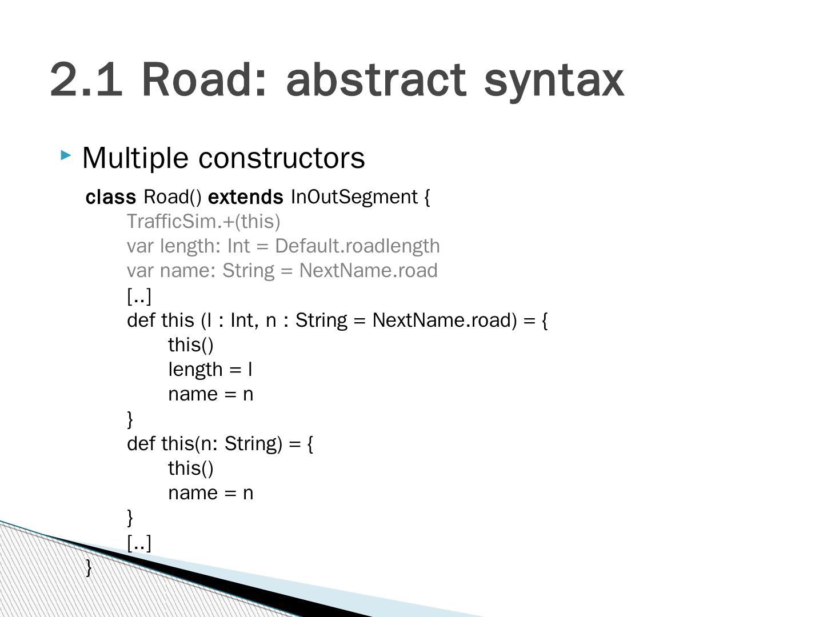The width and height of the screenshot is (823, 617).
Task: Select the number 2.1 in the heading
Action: tap(86, 79)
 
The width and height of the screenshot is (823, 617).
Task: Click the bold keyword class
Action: tap(111, 197)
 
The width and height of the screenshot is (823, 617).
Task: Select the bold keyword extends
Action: tap(245, 197)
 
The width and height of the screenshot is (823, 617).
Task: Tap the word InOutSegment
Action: tap(354, 197)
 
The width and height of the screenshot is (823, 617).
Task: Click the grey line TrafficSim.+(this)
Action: tap(203, 221)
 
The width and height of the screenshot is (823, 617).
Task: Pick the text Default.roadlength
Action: tap(357, 246)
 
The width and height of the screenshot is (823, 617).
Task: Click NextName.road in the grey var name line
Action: tap(368, 270)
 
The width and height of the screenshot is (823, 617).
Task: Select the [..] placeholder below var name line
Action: tap(139, 295)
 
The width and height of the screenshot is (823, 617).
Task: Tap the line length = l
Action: tap(210, 370)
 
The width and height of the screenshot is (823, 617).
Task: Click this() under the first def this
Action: tap(190, 345)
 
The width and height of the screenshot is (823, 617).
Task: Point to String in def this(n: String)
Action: tap(253, 443)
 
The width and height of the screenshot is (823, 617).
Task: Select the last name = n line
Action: tap(210, 492)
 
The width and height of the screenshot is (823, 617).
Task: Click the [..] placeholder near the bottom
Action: tap(139, 542)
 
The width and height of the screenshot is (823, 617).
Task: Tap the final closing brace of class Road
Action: tap(89, 567)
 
